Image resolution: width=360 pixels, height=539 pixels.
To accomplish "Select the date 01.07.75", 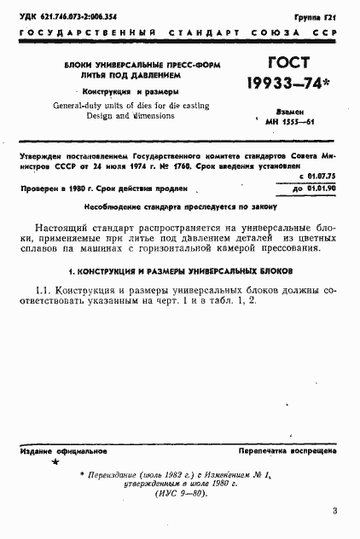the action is pyautogui.click(x=321, y=175).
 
